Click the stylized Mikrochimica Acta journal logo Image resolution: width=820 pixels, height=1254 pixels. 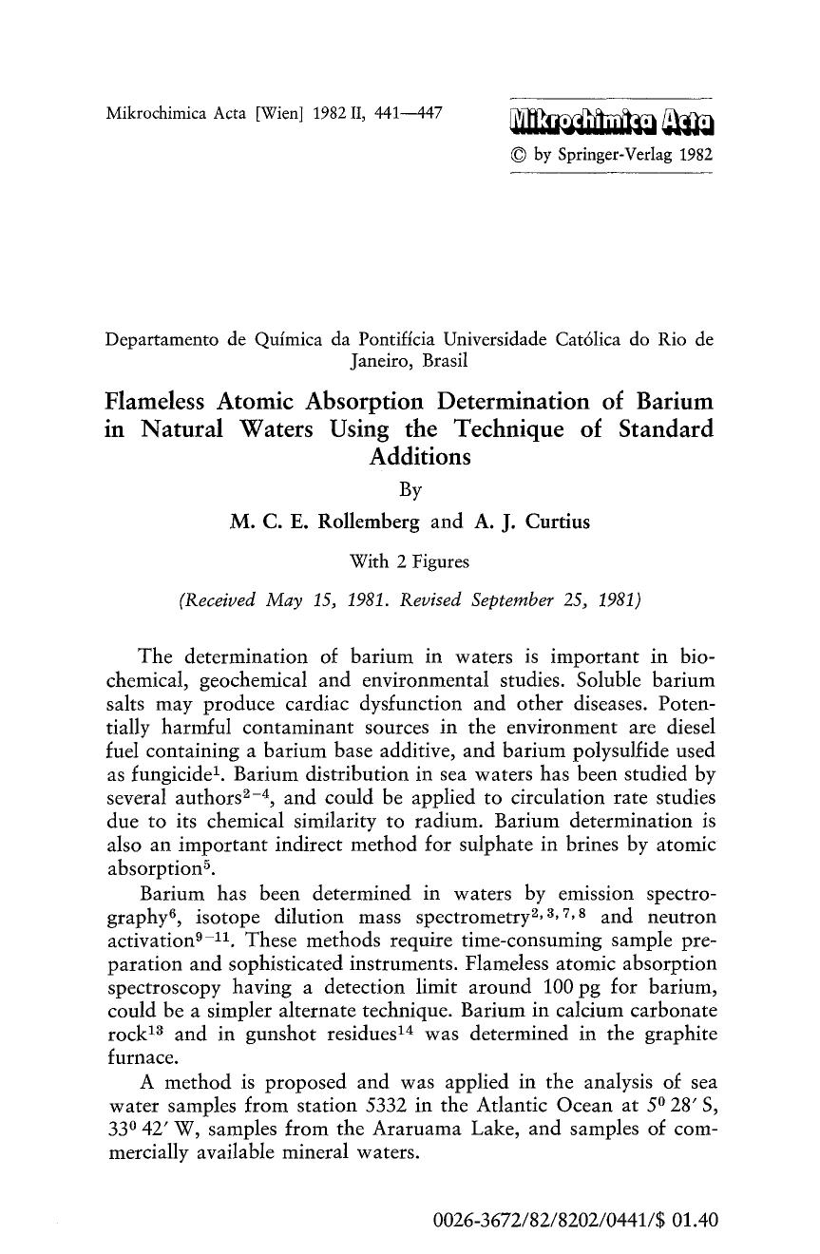[611, 121]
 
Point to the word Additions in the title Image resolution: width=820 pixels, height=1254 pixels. [410, 456]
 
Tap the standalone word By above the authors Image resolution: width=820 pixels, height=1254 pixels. [409, 490]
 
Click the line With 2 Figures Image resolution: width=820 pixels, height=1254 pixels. [410, 561]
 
